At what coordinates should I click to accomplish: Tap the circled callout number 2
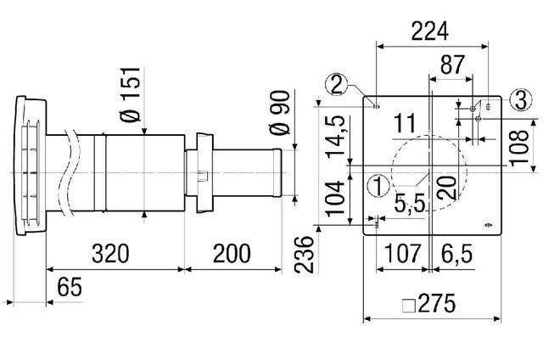(x=338, y=83)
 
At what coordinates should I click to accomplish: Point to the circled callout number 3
(x=520, y=99)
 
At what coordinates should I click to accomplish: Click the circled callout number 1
(x=379, y=183)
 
